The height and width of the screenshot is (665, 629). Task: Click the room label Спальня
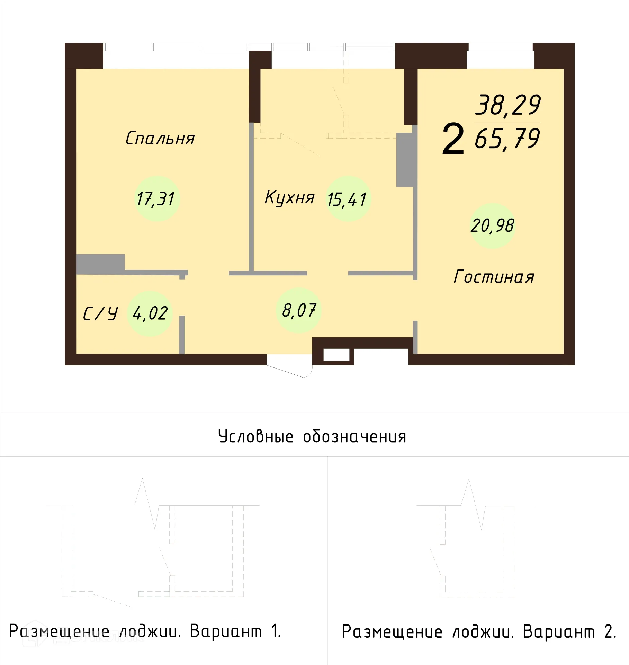click(160, 139)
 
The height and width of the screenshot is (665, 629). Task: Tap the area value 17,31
click(156, 199)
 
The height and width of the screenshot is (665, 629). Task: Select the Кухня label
click(289, 198)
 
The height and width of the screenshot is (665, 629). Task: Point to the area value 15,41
click(347, 200)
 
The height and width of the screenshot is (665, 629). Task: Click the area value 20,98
click(492, 226)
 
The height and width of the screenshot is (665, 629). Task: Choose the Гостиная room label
click(494, 277)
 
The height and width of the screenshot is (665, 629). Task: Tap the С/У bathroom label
click(100, 314)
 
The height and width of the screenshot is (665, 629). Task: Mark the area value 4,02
click(150, 313)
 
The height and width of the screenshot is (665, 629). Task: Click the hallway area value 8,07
click(299, 311)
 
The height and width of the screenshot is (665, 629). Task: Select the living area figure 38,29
click(507, 105)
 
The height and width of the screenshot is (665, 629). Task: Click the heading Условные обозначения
click(312, 437)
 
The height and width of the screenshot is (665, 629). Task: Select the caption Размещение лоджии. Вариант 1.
click(145, 631)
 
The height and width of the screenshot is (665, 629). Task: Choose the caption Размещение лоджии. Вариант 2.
click(479, 632)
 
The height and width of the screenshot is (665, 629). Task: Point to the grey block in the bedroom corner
click(100, 264)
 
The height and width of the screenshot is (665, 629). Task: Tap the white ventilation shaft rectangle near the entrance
click(336, 355)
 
